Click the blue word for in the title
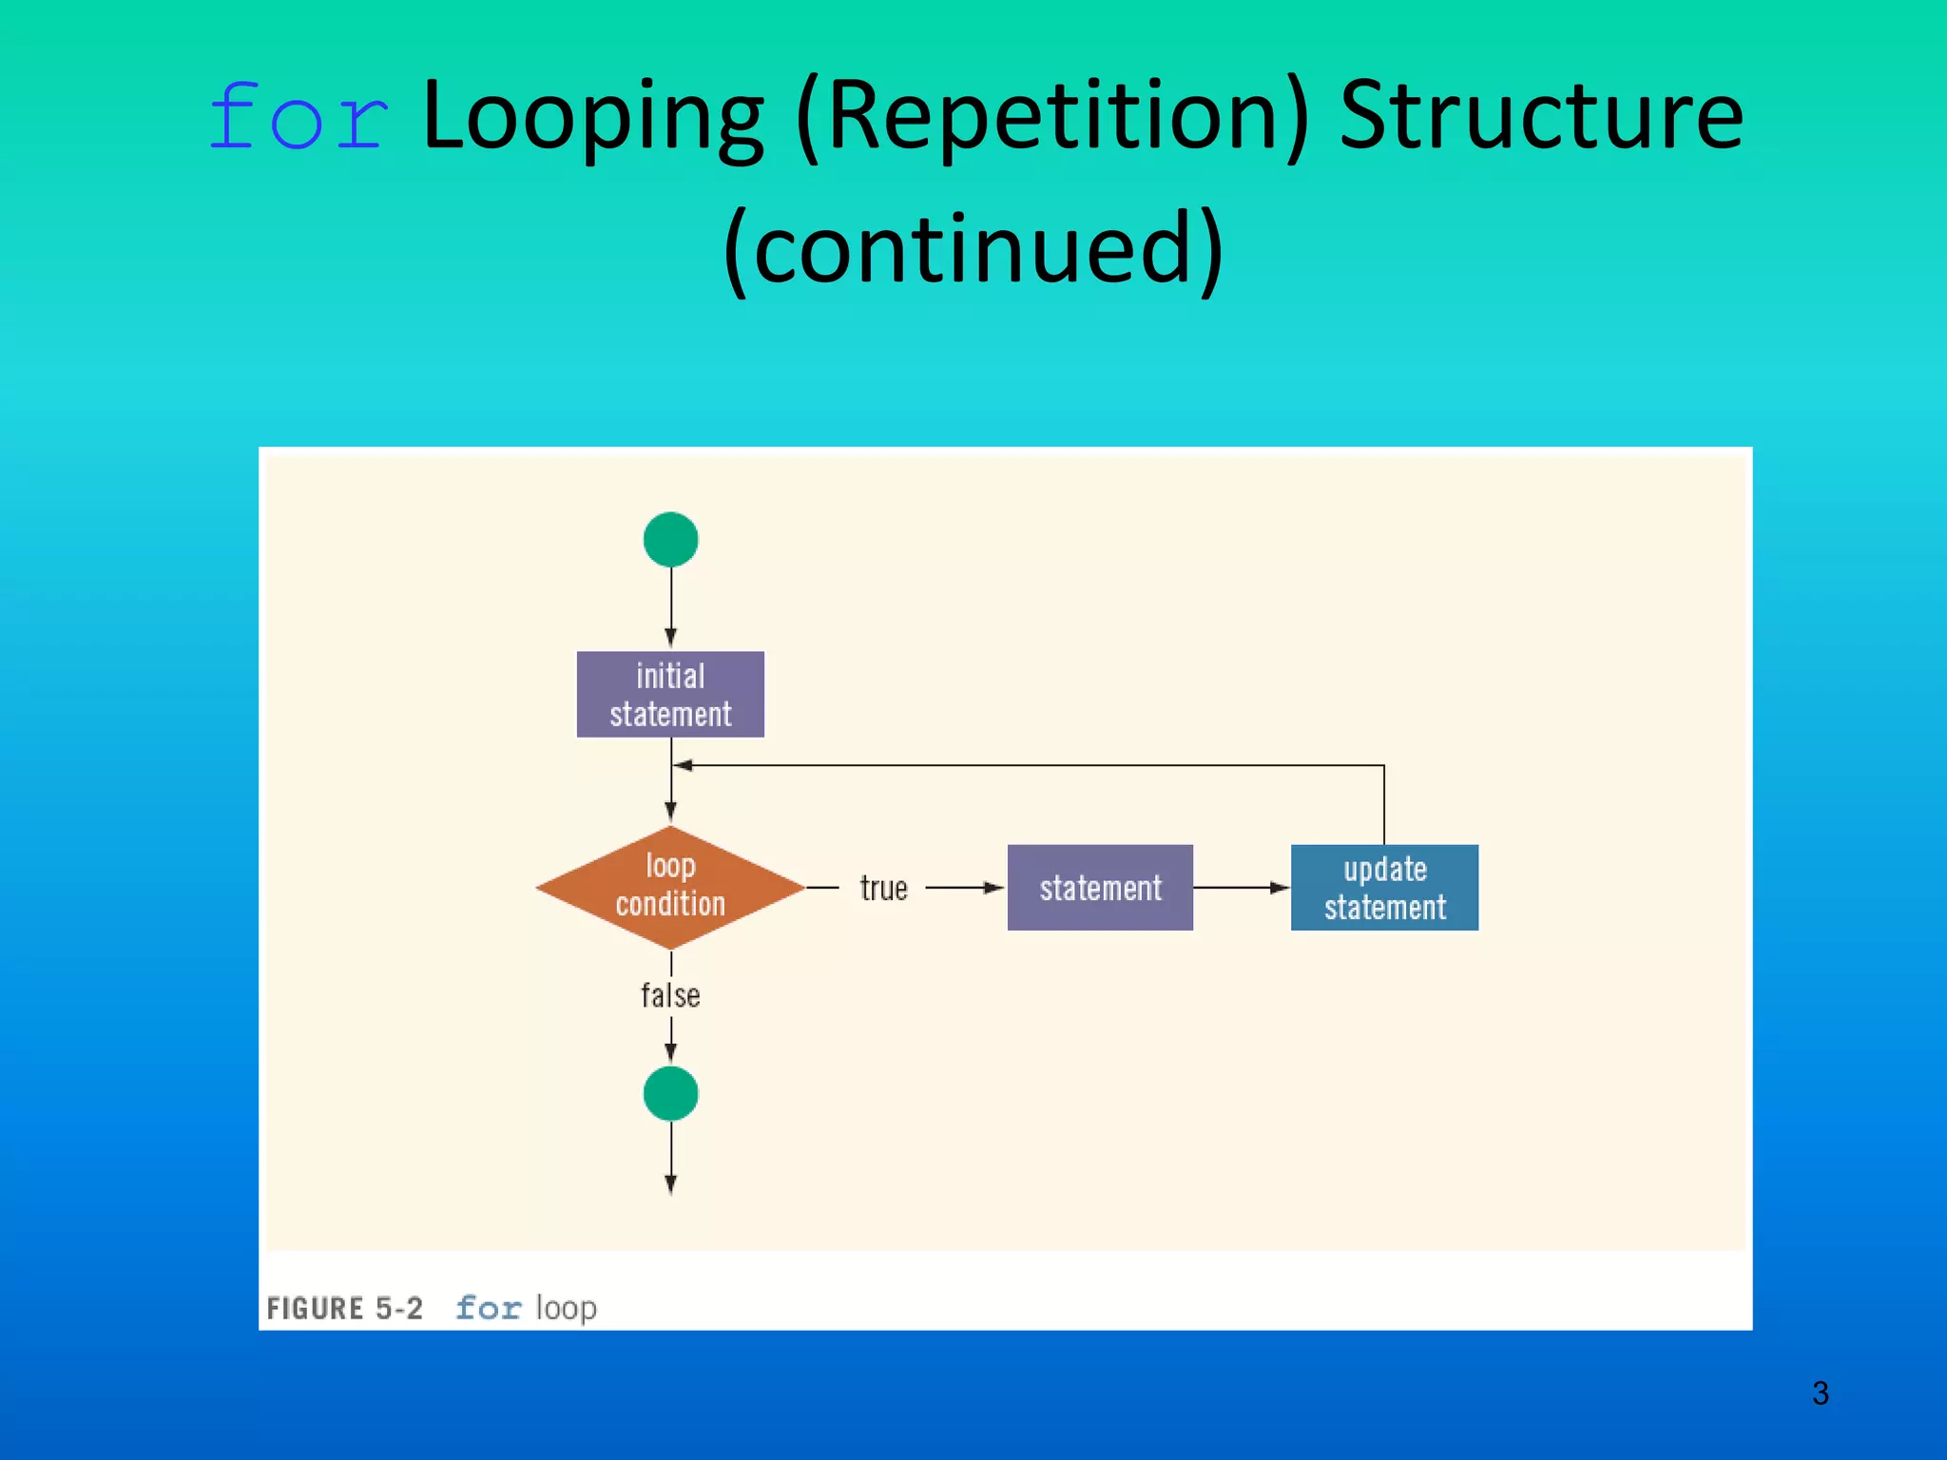[299, 118]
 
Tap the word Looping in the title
[591, 118]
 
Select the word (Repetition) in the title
[1051, 118]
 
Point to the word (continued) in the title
[973, 249]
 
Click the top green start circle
[670, 540]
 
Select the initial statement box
[670, 695]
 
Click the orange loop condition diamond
[670, 887]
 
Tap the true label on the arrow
[883, 888]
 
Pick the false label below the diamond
[670, 995]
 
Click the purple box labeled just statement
[1100, 888]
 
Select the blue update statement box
[1384, 888]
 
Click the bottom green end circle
[670, 1094]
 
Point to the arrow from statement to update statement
[1241, 888]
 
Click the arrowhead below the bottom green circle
[670, 1182]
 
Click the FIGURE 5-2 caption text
[345, 1309]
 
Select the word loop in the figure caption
[566, 1309]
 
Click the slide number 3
[1820, 1393]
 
